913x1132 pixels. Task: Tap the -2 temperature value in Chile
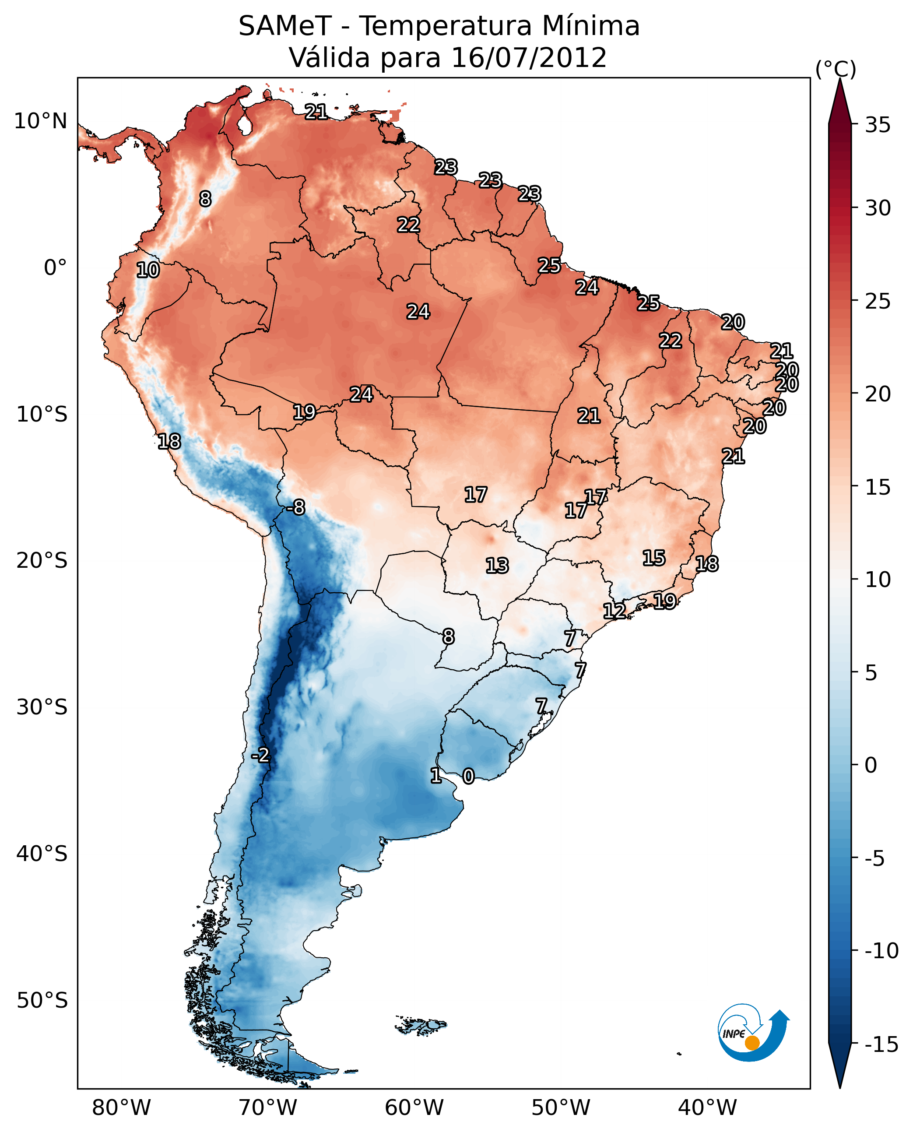coord(260,756)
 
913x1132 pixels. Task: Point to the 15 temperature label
coord(654,558)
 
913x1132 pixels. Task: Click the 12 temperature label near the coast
coord(614,611)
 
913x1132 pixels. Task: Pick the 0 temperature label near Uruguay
coord(468,776)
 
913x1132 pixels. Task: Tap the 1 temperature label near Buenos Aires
coord(435,775)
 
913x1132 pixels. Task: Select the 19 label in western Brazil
coord(304,412)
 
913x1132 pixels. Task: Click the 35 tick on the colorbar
coord(878,125)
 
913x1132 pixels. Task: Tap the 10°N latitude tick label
coord(41,122)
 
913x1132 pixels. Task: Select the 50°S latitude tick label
coord(42,1000)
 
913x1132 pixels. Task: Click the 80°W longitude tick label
coord(122,1107)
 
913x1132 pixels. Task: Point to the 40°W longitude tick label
coord(707,1107)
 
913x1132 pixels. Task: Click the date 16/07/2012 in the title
coord(529,58)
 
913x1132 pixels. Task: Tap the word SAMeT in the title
coord(285,26)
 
